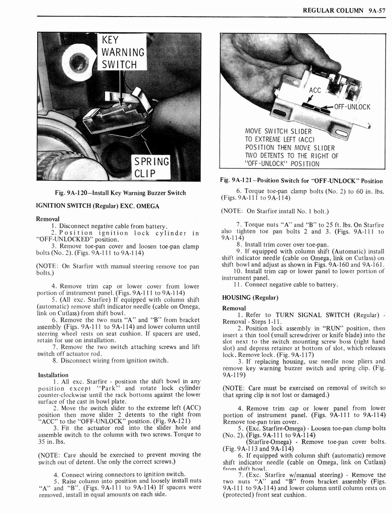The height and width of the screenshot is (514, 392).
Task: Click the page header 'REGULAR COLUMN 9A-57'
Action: [x=343, y=10]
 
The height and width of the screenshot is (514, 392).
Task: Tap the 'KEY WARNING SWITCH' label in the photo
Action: [x=123, y=52]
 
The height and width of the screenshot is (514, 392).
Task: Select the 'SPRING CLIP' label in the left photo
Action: [x=150, y=168]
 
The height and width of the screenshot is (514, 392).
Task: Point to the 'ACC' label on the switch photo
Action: [x=315, y=90]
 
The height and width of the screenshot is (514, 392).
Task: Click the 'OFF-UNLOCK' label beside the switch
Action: [x=352, y=107]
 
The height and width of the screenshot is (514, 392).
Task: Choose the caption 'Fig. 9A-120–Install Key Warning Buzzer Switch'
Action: [x=120, y=193]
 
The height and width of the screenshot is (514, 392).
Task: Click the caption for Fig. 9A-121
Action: [x=302, y=181]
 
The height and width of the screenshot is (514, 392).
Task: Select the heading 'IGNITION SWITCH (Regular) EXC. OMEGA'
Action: [x=98, y=206]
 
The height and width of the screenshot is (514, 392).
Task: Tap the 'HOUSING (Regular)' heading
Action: [x=250, y=298]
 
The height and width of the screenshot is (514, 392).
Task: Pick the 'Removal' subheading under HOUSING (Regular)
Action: [x=234, y=308]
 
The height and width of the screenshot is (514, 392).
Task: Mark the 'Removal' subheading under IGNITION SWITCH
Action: [x=48, y=219]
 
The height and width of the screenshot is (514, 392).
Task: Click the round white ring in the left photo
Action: [x=78, y=62]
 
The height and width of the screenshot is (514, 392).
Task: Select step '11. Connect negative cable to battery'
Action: [x=284, y=285]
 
